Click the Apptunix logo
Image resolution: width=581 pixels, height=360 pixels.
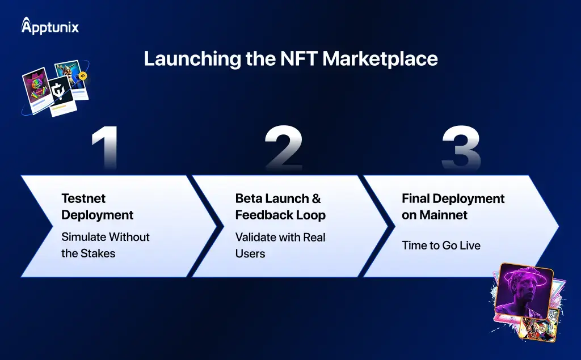pyautogui.click(x=50, y=26)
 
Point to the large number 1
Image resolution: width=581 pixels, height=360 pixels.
pyautogui.click(x=106, y=148)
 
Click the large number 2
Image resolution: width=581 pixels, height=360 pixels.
pyautogui.click(x=284, y=148)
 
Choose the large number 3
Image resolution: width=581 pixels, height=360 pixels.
pyautogui.click(x=461, y=148)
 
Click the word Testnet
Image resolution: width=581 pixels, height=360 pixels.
pyautogui.click(x=83, y=198)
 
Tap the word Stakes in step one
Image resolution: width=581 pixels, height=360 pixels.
pyautogui.click(x=98, y=253)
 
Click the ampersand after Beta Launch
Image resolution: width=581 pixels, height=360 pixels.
pyautogui.click(x=316, y=198)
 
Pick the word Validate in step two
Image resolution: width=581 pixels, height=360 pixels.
pyautogui.click(x=255, y=237)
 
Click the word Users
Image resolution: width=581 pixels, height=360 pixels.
pyautogui.click(x=250, y=254)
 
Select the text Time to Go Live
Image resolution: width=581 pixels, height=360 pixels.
pyautogui.click(x=441, y=245)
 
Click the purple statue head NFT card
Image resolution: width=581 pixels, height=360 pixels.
pyautogui.click(x=524, y=291)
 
